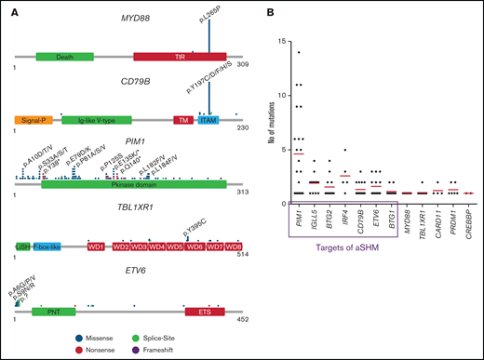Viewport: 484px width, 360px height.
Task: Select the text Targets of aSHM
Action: pyautogui.click(x=343, y=254)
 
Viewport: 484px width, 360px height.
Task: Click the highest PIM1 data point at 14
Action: pyautogui.click(x=298, y=52)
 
